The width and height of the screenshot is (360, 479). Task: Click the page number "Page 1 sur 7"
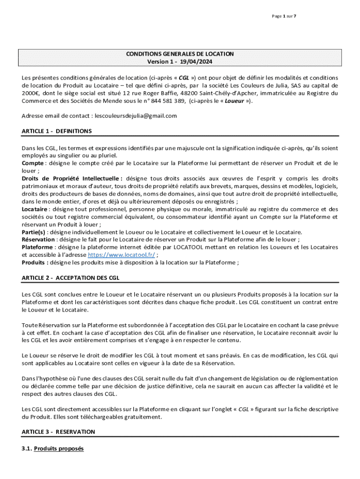point(284,16)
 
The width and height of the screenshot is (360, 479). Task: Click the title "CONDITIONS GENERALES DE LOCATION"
point(180,54)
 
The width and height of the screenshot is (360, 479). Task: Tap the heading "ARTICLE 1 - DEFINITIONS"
point(57,131)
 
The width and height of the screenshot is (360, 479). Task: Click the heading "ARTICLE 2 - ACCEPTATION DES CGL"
point(71,278)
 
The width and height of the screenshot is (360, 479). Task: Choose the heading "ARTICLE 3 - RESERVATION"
point(58,432)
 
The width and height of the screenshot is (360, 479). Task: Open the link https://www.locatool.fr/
point(122,255)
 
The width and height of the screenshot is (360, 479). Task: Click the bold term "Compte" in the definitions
point(32,163)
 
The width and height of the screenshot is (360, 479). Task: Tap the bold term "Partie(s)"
point(34,232)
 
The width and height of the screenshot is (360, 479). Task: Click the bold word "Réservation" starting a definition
point(38,240)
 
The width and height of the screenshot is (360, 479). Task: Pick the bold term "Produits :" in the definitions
point(35,263)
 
